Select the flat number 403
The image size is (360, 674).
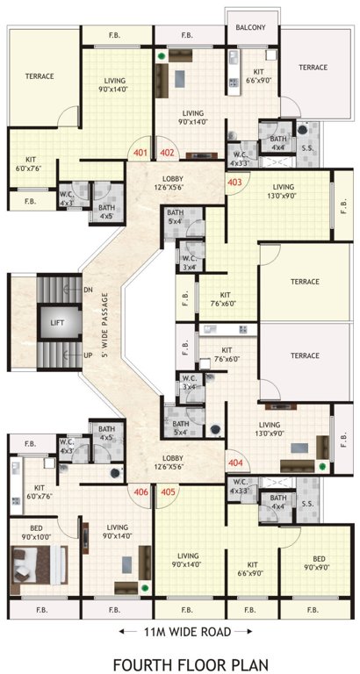click(x=234, y=183)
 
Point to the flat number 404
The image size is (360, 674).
click(x=235, y=462)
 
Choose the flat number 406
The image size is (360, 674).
click(x=140, y=491)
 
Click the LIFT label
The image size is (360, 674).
click(x=57, y=323)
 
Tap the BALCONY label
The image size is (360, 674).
click(x=251, y=28)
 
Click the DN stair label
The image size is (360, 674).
click(x=88, y=290)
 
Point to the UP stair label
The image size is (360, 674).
click(x=88, y=355)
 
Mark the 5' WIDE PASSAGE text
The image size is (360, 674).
click(x=104, y=322)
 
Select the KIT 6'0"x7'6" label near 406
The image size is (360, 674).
click(x=40, y=491)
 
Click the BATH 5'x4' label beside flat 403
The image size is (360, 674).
click(x=176, y=217)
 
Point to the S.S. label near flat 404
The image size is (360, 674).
click(x=307, y=505)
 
